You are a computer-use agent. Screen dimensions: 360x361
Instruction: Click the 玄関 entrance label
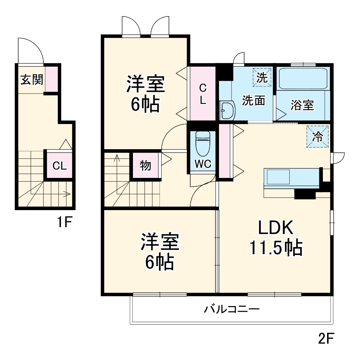[x=31, y=80]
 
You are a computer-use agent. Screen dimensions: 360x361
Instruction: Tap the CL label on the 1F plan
[x=59, y=166]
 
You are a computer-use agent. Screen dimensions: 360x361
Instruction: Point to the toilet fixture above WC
[x=203, y=144]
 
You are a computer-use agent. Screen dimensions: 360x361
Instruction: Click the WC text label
[x=203, y=164]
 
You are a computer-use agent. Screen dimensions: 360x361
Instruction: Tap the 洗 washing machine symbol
[x=262, y=77]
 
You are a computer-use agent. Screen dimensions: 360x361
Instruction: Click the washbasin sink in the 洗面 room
[x=227, y=110]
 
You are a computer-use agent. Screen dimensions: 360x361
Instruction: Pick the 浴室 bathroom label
[x=302, y=105]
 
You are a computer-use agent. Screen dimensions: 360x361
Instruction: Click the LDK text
[x=275, y=228]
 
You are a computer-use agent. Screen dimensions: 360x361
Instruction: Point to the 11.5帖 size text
[x=275, y=248]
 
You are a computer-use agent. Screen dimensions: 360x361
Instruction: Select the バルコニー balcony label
[x=232, y=309]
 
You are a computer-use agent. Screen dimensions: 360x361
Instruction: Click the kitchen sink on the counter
[x=278, y=177]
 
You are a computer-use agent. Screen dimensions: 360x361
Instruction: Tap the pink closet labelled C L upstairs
[x=203, y=94]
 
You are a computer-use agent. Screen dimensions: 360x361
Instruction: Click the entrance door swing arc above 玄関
[x=31, y=51]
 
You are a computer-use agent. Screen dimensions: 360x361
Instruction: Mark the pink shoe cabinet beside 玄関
[x=51, y=79]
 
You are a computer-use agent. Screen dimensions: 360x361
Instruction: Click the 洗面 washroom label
[x=254, y=101]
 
